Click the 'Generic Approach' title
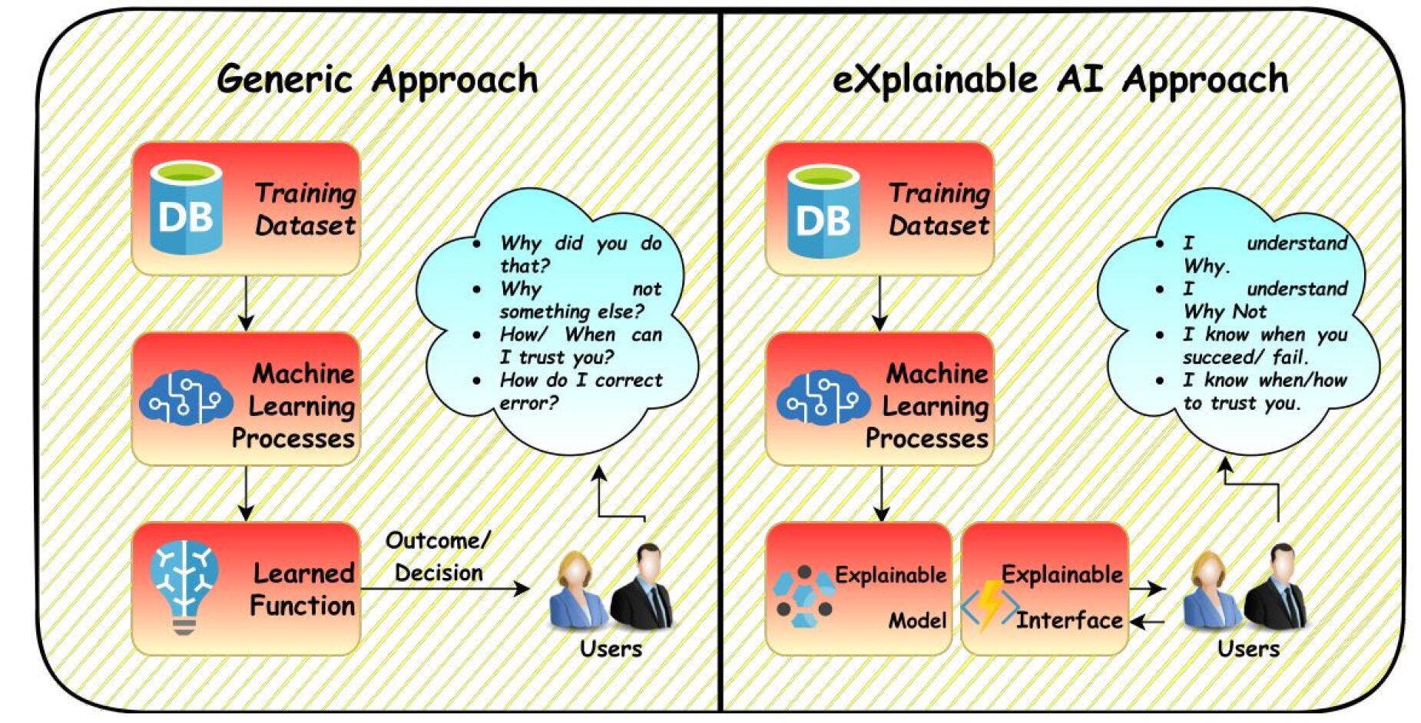tap(377, 80)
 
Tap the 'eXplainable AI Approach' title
tap(1060, 80)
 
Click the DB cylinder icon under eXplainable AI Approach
tap(823, 210)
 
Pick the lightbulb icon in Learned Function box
tap(184, 587)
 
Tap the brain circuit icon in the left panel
tap(185, 398)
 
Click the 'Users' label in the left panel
tap(611, 649)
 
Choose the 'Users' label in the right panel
tap(1248, 649)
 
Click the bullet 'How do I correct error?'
tap(580, 391)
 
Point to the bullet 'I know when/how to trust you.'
tap(1264, 391)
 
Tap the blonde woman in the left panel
tap(576, 591)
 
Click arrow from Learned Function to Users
tap(446, 589)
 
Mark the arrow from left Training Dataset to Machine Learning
tap(246, 303)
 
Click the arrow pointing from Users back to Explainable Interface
tap(1148, 621)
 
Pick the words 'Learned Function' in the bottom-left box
tap(303, 589)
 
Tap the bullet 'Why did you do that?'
tap(580, 254)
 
